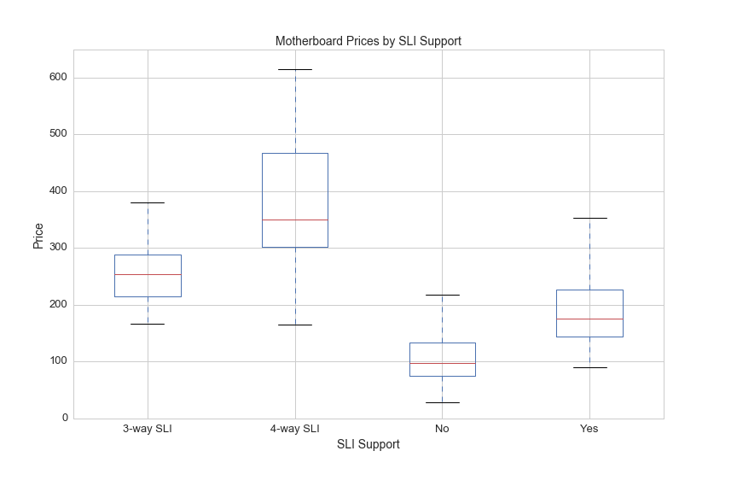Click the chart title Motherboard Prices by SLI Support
(368, 41)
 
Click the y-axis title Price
(38, 234)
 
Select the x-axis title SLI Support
(368, 444)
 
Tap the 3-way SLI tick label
(148, 429)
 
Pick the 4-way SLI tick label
(294, 429)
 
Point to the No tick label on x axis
(442, 429)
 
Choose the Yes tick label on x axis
(589, 429)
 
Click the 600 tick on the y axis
(58, 78)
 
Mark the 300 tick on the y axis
(58, 248)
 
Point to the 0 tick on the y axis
(64, 419)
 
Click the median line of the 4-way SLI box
(295, 220)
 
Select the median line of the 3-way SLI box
(148, 274)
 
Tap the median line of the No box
(442, 363)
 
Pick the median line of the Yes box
(589, 319)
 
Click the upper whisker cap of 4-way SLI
(295, 69)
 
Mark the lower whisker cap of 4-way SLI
(295, 325)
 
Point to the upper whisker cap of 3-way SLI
(148, 202)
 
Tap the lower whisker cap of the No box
(442, 402)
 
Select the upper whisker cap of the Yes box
(589, 218)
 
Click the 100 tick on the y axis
(58, 361)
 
